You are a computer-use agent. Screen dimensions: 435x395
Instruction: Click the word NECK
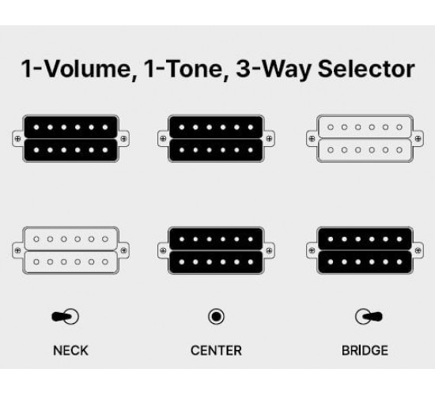click(70, 351)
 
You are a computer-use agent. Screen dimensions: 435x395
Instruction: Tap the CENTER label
click(216, 351)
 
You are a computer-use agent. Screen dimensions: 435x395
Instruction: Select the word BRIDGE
click(365, 351)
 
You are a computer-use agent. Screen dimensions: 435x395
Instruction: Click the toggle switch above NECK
click(66, 316)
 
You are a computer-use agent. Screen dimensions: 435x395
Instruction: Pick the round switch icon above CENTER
click(216, 316)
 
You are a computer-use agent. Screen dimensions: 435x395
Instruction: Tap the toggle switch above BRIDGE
click(369, 316)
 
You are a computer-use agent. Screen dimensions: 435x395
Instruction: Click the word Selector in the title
click(366, 69)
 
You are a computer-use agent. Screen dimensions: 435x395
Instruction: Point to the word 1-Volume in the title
click(76, 70)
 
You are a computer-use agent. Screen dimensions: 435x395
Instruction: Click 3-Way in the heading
click(273, 70)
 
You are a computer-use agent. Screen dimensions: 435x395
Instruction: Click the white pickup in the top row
click(365, 138)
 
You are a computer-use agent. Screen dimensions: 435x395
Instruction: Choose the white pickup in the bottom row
click(70, 250)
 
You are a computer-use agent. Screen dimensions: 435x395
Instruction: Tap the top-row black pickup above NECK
click(70, 138)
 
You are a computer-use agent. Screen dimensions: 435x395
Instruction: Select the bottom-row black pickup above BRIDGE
click(365, 250)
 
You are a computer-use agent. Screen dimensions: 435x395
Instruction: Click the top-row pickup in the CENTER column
click(216, 138)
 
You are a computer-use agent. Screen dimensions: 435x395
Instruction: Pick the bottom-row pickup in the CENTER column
click(216, 250)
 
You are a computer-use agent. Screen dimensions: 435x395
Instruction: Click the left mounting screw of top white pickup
click(312, 138)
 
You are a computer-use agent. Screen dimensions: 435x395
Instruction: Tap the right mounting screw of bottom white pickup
click(123, 250)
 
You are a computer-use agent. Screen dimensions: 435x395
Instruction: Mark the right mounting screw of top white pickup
click(418, 138)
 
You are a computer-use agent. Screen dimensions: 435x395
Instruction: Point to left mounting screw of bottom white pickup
click(17, 250)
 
